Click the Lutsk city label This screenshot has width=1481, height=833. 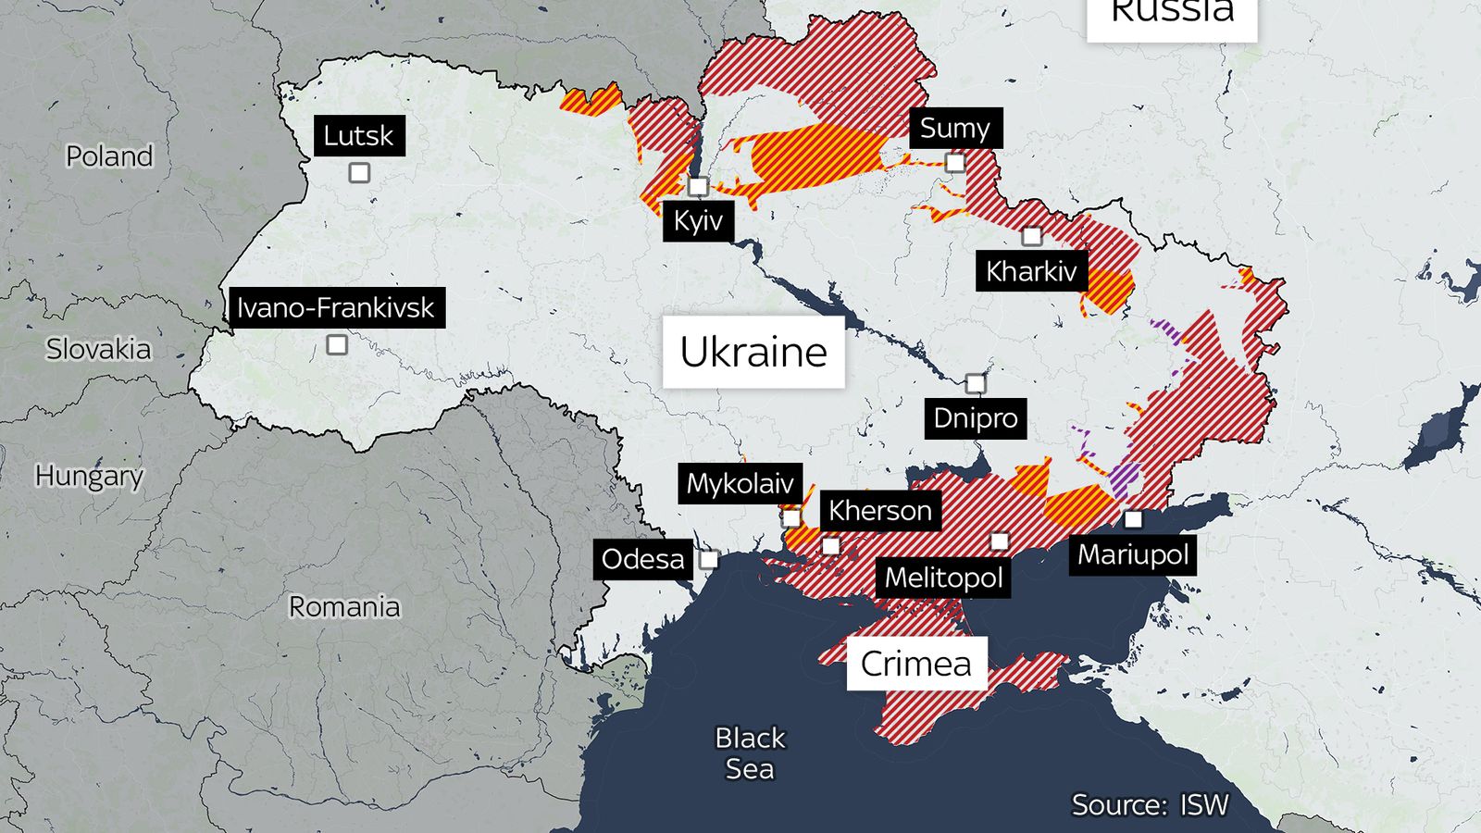click(x=359, y=136)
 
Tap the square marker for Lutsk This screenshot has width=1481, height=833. click(x=359, y=173)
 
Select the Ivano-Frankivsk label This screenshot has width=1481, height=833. click(x=336, y=307)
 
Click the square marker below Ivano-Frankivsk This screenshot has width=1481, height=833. click(x=337, y=345)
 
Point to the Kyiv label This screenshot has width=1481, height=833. click(x=698, y=221)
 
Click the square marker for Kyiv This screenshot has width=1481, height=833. click(x=699, y=187)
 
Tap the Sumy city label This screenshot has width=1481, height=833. click(x=954, y=128)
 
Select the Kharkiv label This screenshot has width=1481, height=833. click(x=1031, y=271)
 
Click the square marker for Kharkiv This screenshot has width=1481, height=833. click(x=1031, y=236)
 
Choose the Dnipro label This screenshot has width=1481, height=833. click(x=975, y=418)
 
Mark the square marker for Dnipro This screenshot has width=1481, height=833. click(x=976, y=383)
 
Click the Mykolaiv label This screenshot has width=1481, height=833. click(x=740, y=483)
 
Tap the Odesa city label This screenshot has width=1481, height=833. click(x=642, y=559)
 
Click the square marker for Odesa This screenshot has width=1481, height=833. click(x=709, y=559)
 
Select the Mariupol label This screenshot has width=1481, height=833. click(x=1133, y=554)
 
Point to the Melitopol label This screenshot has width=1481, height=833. click(x=943, y=578)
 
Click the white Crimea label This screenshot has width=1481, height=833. click(x=916, y=664)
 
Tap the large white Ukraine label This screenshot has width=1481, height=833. click(x=753, y=352)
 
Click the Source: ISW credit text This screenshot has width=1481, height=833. click(x=1150, y=804)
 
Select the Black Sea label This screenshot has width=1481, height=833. click(x=750, y=752)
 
